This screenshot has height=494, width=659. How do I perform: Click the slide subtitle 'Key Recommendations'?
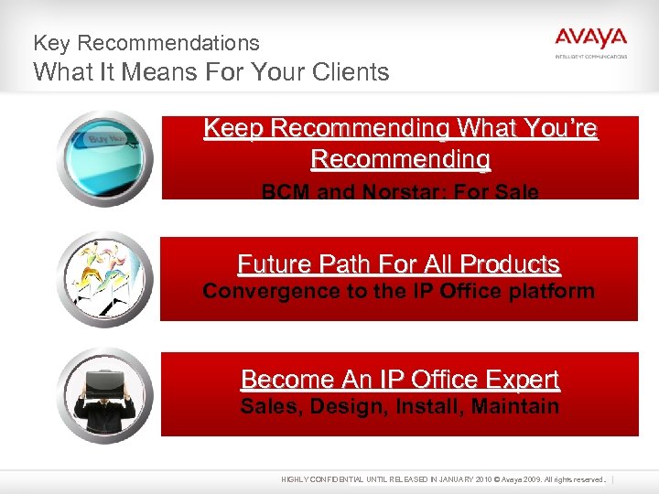[x=146, y=43]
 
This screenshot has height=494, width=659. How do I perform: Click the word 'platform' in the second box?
[x=552, y=292]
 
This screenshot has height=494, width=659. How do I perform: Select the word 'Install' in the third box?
[x=428, y=406]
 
